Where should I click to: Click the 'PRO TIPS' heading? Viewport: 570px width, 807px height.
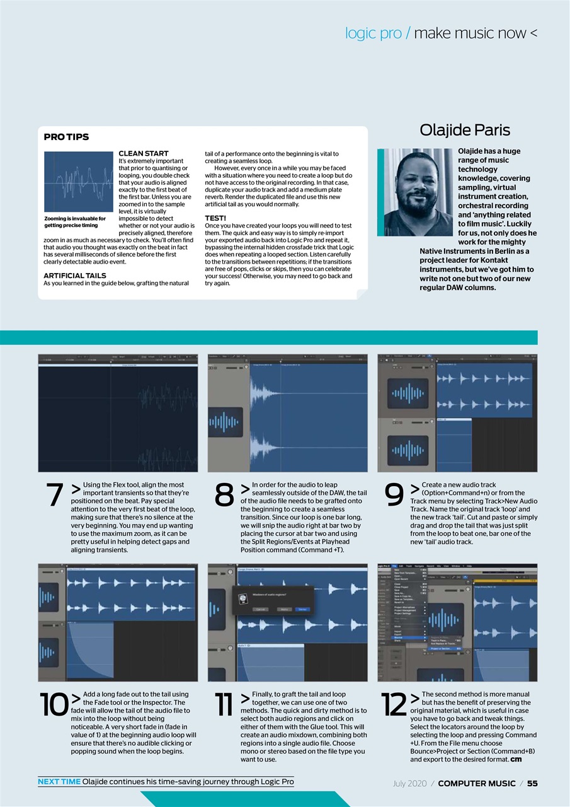pyautogui.click(x=66, y=137)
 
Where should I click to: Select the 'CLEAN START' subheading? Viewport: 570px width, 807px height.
pyautogui.click(x=144, y=153)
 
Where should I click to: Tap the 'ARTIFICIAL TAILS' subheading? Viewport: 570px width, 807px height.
pyautogui.click(x=74, y=276)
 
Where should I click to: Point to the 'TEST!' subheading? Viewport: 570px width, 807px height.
pyautogui.click(x=215, y=218)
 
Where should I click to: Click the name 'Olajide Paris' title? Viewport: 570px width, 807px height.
pyautogui.click(x=465, y=130)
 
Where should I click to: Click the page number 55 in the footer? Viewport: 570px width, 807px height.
pyautogui.click(x=532, y=784)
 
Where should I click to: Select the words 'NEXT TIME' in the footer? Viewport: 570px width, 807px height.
pyautogui.click(x=59, y=782)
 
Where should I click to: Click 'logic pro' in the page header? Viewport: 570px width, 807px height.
pyautogui.click(x=374, y=33)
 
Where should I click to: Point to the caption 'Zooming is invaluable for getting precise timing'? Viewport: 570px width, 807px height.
pyautogui.click(x=74, y=222)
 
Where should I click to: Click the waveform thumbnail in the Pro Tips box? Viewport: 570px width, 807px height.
pyautogui.click(x=78, y=182)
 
